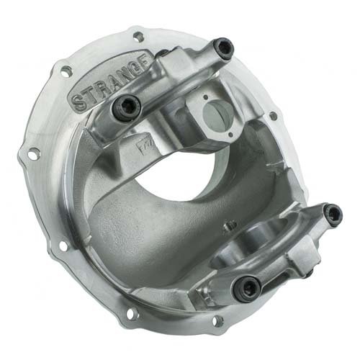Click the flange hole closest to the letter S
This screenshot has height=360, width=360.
tap(66, 71)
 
